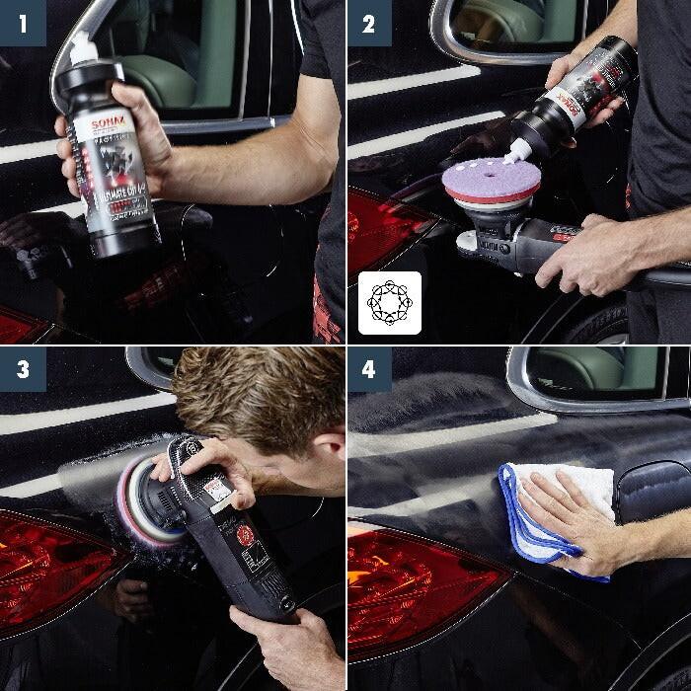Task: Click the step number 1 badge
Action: [23, 23]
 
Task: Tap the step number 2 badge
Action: [369, 23]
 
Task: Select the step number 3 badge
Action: [23, 369]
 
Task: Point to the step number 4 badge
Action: [369, 369]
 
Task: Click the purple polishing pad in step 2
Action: [491, 183]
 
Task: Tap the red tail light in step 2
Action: [385, 232]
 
